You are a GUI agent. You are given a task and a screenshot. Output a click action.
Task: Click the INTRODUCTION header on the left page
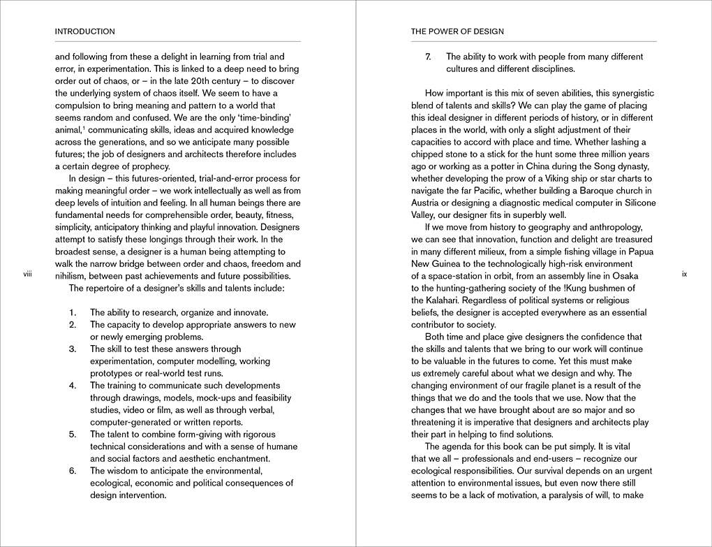point(84,31)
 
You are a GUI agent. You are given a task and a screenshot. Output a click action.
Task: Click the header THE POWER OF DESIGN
point(457,31)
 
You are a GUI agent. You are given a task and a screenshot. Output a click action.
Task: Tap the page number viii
point(28,275)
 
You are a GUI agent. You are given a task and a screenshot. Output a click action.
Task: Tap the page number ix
point(684,275)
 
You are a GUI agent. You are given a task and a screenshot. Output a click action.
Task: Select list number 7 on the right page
point(428,57)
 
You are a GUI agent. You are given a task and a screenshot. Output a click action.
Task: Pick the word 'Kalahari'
point(447,300)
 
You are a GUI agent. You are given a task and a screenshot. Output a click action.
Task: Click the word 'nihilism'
point(73,276)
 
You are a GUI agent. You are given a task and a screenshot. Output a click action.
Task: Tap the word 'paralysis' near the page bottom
point(549,495)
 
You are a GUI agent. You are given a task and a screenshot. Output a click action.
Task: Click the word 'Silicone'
point(635,203)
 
